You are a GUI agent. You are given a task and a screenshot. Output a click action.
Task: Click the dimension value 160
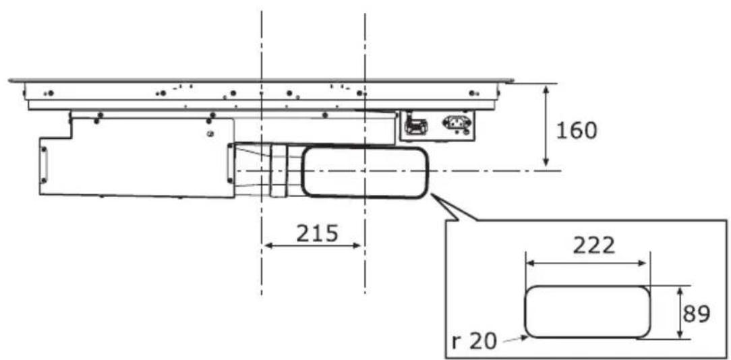(x=577, y=131)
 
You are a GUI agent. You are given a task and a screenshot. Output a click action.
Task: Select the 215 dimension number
(x=317, y=233)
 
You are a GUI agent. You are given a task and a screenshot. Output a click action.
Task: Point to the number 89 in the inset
(x=697, y=314)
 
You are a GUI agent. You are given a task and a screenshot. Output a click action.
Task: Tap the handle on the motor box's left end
(x=44, y=164)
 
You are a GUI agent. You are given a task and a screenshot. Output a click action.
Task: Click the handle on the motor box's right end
(x=229, y=163)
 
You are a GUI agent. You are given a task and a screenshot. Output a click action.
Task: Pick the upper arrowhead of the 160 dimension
(x=546, y=89)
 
